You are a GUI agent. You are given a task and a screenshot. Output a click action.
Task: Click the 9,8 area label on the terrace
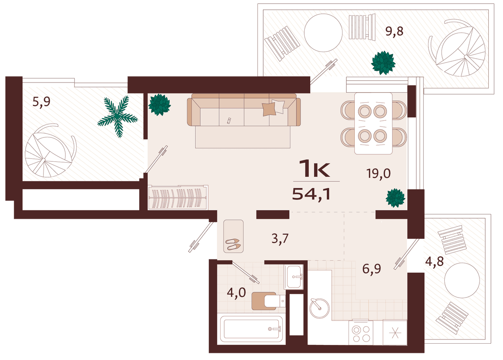point(394,31)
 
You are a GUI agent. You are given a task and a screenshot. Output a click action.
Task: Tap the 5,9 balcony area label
point(41,102)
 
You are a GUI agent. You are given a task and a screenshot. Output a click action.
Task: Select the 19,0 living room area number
point(379,174)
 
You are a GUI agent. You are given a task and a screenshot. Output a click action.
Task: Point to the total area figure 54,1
point(311,194)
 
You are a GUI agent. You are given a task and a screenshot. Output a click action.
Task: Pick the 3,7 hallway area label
point(280,238)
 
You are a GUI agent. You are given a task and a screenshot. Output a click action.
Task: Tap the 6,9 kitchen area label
point(372,269)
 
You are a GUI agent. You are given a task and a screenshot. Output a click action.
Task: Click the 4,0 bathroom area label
point(236,293)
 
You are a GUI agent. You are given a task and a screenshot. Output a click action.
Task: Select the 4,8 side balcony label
point(435,262)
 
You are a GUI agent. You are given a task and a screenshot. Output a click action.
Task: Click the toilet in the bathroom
point(269,301)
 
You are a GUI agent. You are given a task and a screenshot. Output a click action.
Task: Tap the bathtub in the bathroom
point(251,329)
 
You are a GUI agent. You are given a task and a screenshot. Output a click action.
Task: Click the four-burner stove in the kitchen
point(361,332)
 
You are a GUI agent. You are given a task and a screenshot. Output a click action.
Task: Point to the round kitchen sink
point(319,308)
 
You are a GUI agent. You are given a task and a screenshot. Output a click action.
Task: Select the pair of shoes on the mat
point(233,244)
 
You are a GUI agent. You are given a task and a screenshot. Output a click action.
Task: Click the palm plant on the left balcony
point(118,117)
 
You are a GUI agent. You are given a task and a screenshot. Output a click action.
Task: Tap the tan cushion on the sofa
point(269,109)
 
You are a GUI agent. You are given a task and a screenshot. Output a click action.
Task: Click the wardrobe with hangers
point(178,197)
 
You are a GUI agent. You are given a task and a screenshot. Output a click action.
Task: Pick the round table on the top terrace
point(323,33)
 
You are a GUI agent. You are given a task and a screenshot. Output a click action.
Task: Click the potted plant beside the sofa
point(160,105)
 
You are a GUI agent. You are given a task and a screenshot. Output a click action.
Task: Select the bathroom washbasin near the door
point(294,277)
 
